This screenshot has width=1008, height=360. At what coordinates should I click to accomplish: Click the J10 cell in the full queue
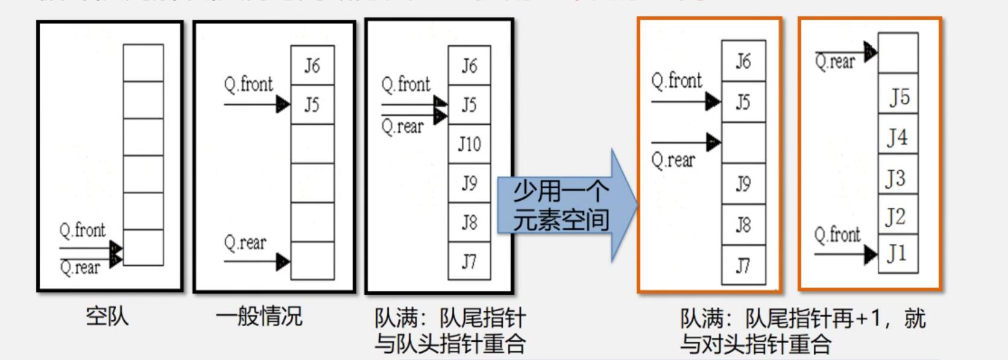point(469,144)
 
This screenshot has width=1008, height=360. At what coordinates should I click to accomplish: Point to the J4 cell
point(898,137)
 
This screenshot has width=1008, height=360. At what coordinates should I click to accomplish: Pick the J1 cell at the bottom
point(898,253)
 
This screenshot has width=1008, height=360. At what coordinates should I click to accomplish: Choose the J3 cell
point(898,178)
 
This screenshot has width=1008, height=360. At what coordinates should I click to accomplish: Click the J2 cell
point(898,216)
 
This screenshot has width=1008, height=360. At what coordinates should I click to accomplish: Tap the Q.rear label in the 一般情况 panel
point(245,243)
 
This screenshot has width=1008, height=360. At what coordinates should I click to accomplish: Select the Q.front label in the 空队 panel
point(82,230)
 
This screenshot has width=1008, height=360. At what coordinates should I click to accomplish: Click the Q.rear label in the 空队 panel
point(80,268)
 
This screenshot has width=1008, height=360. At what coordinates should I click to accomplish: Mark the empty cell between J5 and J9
point(743,143)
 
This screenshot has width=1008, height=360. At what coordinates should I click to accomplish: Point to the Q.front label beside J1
point(837,235)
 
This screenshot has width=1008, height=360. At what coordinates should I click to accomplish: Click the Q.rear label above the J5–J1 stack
point(835,62)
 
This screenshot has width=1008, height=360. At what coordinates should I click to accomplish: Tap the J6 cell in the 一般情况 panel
point(312,65)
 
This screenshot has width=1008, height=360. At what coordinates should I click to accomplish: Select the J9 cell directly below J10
point(469,183)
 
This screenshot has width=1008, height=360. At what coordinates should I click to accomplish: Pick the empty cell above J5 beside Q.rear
point(898,53)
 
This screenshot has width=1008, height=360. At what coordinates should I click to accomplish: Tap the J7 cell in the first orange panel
point(743,265)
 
